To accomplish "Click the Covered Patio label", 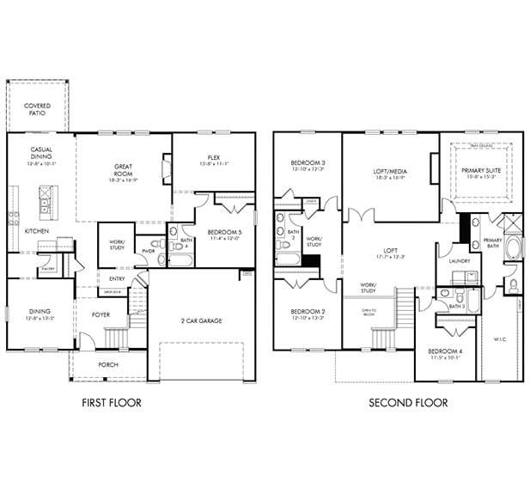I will point(35,109).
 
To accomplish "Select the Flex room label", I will point(214,160).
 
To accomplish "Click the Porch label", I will point(108,364).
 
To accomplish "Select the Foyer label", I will point(101,314).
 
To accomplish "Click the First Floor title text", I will point(111,403).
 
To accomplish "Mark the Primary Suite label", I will point(480,173).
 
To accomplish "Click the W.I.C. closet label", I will point(500,338).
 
